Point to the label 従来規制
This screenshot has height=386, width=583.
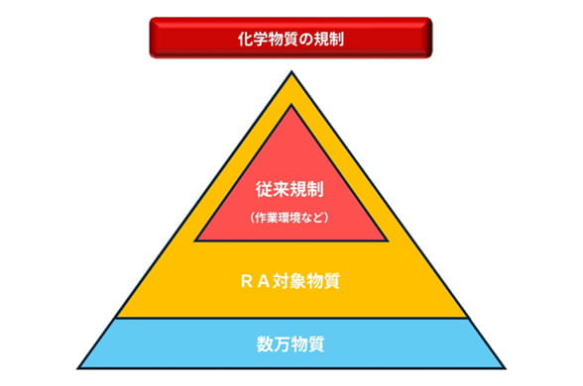[x=291, y=185]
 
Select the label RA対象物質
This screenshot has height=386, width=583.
[x=291, y=281]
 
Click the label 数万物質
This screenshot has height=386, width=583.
[x=291, y=345]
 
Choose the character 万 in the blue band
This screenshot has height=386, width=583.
[x=281, y=345]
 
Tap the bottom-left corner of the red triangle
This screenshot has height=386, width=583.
[x=197, y=241]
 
